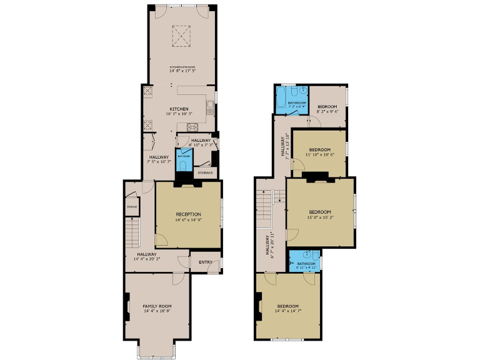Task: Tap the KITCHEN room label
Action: pyautogui.click(x=179, y=109)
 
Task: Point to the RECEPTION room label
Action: pyautogui.click(x=188, y=214)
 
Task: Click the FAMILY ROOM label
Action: pyautogui.click(x=157, y=306)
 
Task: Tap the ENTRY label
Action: pyautogui.click(x=205, y=262)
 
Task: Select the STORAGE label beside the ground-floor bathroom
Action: pyautogui.click(x=205, y=172)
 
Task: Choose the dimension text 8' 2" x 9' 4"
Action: pyautogui.click(x=327, y=112)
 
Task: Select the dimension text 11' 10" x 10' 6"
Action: pyautogui.click(x=320, y=154)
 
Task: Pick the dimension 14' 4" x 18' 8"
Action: pyautogui.click(x=157, y=311)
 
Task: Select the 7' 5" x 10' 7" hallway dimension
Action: pyautogui.click(x=160, y=161)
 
